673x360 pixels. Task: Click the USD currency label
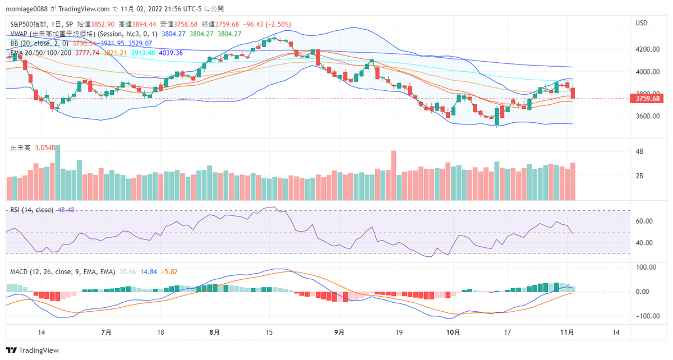pyautogui.click(x=641, y=23)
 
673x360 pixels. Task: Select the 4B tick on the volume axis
pyautogui.click(x=639, y=152)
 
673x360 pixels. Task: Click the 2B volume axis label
pyautogui.click(x=639, y=176)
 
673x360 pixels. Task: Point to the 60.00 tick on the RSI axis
pyautogui.click(x=643, y=221)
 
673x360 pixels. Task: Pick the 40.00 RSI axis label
pyautogui.click(x=643, y=243)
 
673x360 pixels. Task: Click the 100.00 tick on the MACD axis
pyautogui.click(x=644, y=267)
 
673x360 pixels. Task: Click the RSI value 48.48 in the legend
pyautogui.click(x=65, y=210)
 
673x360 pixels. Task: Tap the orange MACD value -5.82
pyautogui.click(x=170, y=271)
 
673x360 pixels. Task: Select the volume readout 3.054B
pyautogui.click(x=45, y=148)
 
